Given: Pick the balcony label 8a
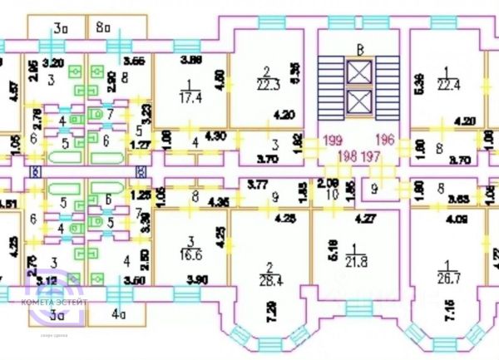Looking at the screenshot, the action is click(103, 28).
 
